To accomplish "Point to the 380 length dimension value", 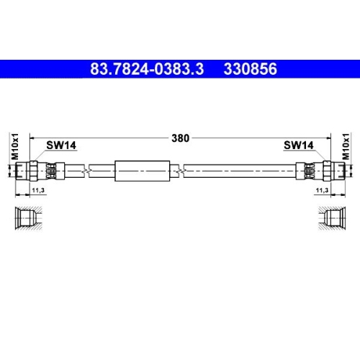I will [x=181, y=139].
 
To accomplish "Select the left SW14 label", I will [x=61, y=145].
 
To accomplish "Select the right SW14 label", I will [x=298, y=145].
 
